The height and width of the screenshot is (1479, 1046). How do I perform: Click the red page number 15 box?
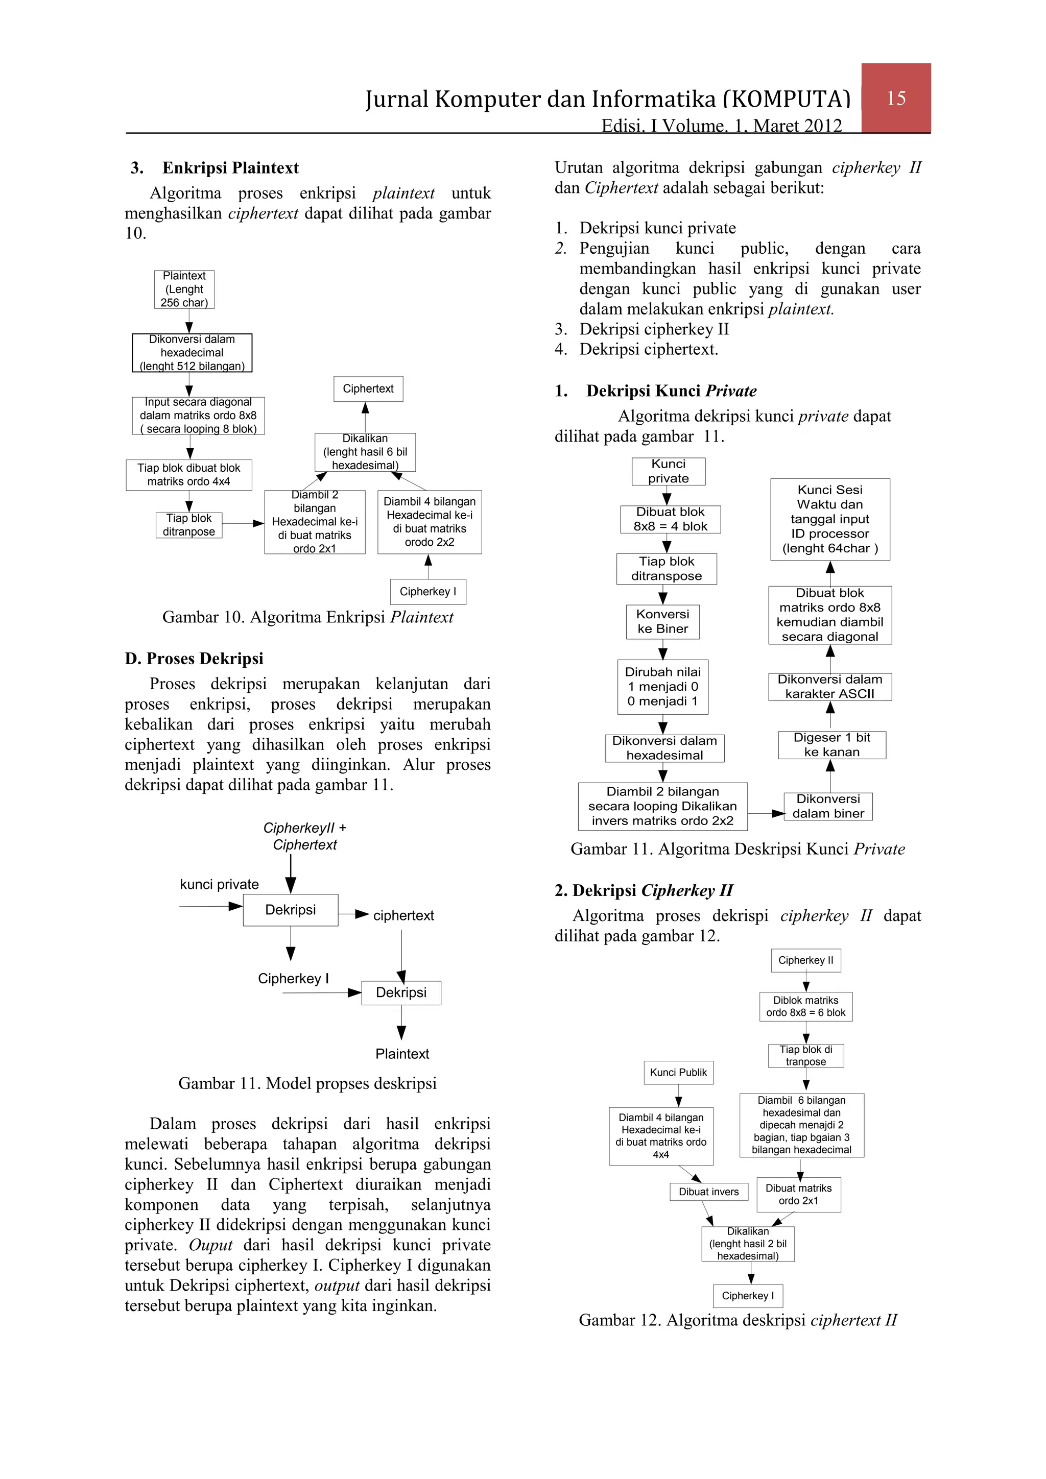895,98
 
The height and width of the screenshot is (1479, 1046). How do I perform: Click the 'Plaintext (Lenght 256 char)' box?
184,289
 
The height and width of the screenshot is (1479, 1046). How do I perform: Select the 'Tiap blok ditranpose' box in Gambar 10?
189,525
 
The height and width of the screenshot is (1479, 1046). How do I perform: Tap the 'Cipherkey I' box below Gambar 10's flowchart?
427,591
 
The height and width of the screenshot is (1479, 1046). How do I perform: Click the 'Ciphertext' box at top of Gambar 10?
368,389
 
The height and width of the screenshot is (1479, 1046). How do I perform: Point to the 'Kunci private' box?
669,472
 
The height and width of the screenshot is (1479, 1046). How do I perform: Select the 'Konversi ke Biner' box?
662,622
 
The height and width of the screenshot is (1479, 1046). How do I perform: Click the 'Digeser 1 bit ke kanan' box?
831,745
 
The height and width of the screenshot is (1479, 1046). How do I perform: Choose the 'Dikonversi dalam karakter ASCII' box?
829,687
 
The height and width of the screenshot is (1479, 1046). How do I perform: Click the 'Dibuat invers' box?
708,1192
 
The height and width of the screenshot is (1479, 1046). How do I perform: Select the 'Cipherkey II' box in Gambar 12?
805,960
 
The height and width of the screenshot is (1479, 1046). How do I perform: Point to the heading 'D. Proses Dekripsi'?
194,659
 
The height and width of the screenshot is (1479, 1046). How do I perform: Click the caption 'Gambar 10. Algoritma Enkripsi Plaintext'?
307,617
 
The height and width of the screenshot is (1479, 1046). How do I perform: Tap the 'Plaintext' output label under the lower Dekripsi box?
402,1054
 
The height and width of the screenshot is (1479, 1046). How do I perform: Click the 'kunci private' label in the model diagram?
219,884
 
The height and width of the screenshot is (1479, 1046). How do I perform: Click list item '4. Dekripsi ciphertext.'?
648,349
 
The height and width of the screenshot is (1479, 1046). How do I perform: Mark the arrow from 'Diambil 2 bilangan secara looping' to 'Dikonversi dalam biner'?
766,814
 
